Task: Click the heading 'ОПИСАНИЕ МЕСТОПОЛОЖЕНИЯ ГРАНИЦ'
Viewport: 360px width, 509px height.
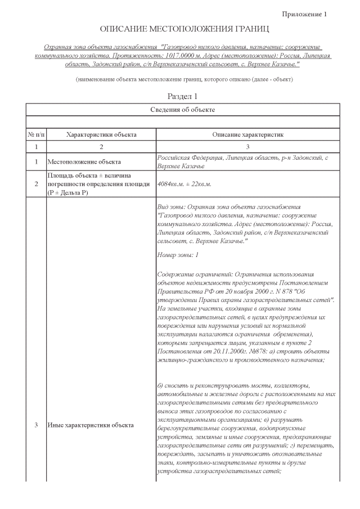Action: (184, 28)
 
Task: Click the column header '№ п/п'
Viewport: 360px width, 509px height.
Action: (36, 135)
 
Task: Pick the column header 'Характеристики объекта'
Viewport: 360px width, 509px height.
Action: (101, 135)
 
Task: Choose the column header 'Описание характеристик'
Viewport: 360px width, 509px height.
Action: (247, 135)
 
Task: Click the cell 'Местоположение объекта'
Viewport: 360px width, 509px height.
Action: (84, 162)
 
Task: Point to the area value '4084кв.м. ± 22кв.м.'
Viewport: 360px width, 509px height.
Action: (184, 184)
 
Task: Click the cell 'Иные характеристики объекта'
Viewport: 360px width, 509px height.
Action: (91, 425)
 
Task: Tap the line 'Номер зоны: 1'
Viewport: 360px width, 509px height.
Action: (178, 255)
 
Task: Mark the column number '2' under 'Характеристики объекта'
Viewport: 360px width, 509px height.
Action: (101, 147)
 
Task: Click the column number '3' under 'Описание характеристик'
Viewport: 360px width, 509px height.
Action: (247, 147)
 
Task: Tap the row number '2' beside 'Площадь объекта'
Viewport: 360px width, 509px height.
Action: (36, 184)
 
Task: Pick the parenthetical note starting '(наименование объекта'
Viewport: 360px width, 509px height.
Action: (184, 79)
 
